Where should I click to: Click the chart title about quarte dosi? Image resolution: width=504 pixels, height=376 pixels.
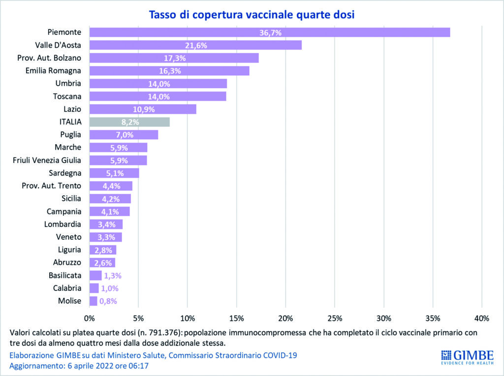[x=252, y=15]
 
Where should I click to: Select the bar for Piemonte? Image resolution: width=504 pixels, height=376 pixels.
[x=269, y=32]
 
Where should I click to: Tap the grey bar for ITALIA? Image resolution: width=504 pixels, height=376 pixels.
[x=129, y=122]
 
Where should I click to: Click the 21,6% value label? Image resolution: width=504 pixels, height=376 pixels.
[x=195, y=45]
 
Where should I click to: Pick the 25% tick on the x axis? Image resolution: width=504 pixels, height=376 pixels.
[x=335, y=317]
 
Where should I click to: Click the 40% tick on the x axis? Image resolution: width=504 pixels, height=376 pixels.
[x=482, y=317]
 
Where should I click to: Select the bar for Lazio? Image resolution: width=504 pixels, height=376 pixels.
[x=143, y=109]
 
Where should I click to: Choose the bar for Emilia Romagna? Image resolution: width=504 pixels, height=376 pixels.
[x=169, y=71]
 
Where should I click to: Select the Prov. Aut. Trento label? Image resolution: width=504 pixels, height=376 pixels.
[x=52, y=186]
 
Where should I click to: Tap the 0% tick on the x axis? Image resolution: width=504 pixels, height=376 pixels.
[x=89, y=317]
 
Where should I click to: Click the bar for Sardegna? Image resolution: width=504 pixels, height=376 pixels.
[x=114, y=173]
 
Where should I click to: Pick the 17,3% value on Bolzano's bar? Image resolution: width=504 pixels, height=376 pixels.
[x=174, y=58]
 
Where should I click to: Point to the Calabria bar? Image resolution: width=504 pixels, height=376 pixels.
[x=94, y=288]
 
